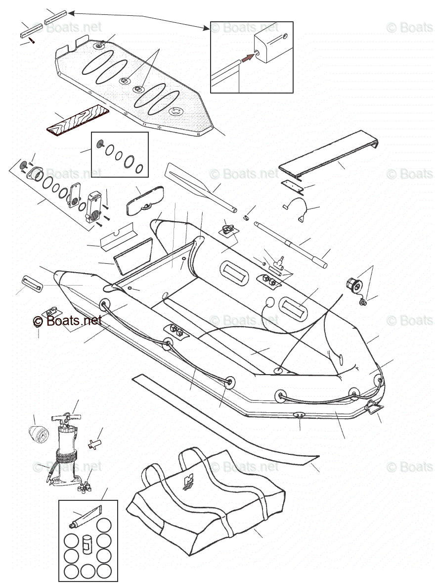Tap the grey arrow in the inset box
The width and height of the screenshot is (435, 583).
[248, 57]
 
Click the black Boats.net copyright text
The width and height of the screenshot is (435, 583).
[68, 321]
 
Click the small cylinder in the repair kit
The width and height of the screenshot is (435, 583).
[87, 543]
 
